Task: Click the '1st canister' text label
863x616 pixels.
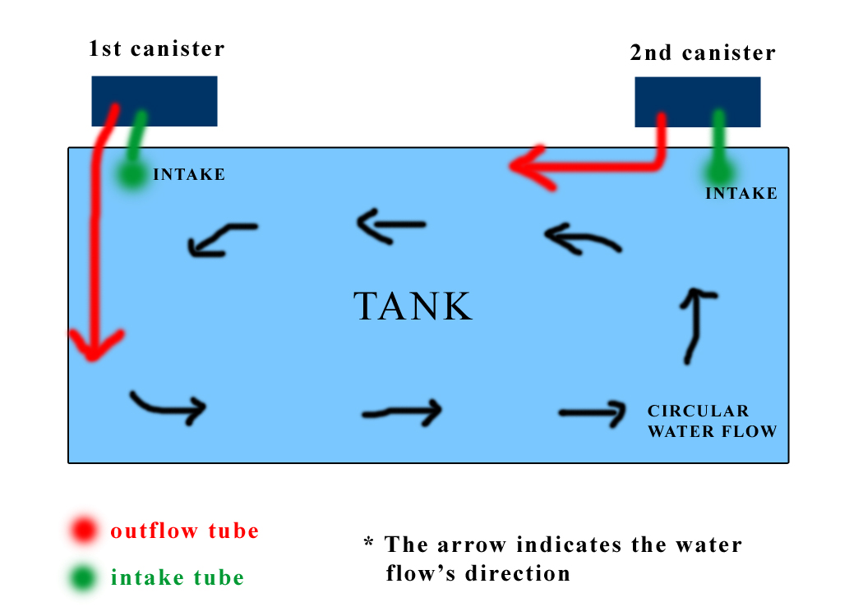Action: (156, 48)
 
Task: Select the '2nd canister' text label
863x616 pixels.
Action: (702, 53)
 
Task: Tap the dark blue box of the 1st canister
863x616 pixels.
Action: (155, 101)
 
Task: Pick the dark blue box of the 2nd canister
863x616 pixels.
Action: (697, 102)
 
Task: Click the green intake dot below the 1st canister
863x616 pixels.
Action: (131, 174)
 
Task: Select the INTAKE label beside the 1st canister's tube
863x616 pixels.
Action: (189, 175)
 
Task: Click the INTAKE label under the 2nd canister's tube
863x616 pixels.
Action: (741, 194)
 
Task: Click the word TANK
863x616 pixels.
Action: (413, 306)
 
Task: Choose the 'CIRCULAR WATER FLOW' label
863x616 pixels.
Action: (712, 421)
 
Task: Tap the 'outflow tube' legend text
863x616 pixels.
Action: (185, 531)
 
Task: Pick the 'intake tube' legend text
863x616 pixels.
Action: (178, 578)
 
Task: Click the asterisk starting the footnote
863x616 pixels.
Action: (369, 544)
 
